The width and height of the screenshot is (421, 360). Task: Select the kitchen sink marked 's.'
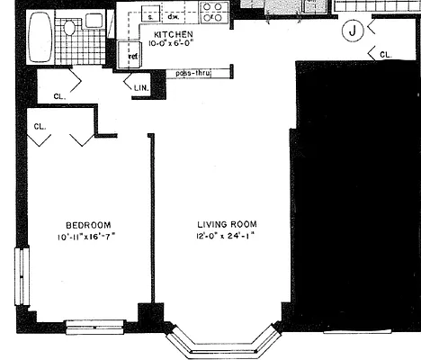point(151,15)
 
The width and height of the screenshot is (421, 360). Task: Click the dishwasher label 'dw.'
point(173,16)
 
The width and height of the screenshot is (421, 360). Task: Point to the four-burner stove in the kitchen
point(212,12)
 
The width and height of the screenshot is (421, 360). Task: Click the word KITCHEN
point(174,34)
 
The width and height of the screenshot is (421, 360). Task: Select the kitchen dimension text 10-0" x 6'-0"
point(174,43)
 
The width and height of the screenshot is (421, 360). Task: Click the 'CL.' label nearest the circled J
point(386,55)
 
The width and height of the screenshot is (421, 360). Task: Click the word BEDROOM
point(87,224)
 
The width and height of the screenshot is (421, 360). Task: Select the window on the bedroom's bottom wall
point(94,326)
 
